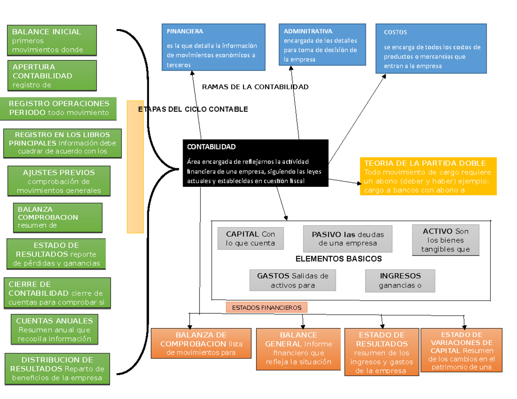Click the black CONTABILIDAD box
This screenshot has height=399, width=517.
(x=255, y=164)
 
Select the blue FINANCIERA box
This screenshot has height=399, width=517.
(x=214, y=47)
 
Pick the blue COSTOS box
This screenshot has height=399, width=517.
(x=431, y=48)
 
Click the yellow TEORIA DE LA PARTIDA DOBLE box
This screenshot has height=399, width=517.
(x=428, y=176)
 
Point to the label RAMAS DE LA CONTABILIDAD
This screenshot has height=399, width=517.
(x=255, y=87)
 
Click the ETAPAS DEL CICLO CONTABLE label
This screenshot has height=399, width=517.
(x=193, y=109)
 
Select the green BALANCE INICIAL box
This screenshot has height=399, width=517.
(x=52, y=40)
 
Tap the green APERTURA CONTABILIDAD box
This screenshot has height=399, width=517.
(x=52, y=76)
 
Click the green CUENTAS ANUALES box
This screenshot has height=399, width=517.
(x=54, y=330)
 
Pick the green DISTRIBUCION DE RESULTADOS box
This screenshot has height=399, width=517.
(x=57, y=369)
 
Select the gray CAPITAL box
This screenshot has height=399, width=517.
(x=250, y=238)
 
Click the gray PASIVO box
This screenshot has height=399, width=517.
(x=348, y=238)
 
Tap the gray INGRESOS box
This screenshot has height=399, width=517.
(x=400, y=281)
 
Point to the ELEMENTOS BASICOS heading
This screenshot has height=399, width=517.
(x=339, y=259)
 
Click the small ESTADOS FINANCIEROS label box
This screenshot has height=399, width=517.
(x=267, y=308)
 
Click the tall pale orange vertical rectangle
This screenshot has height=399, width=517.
(x=135, y=167)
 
